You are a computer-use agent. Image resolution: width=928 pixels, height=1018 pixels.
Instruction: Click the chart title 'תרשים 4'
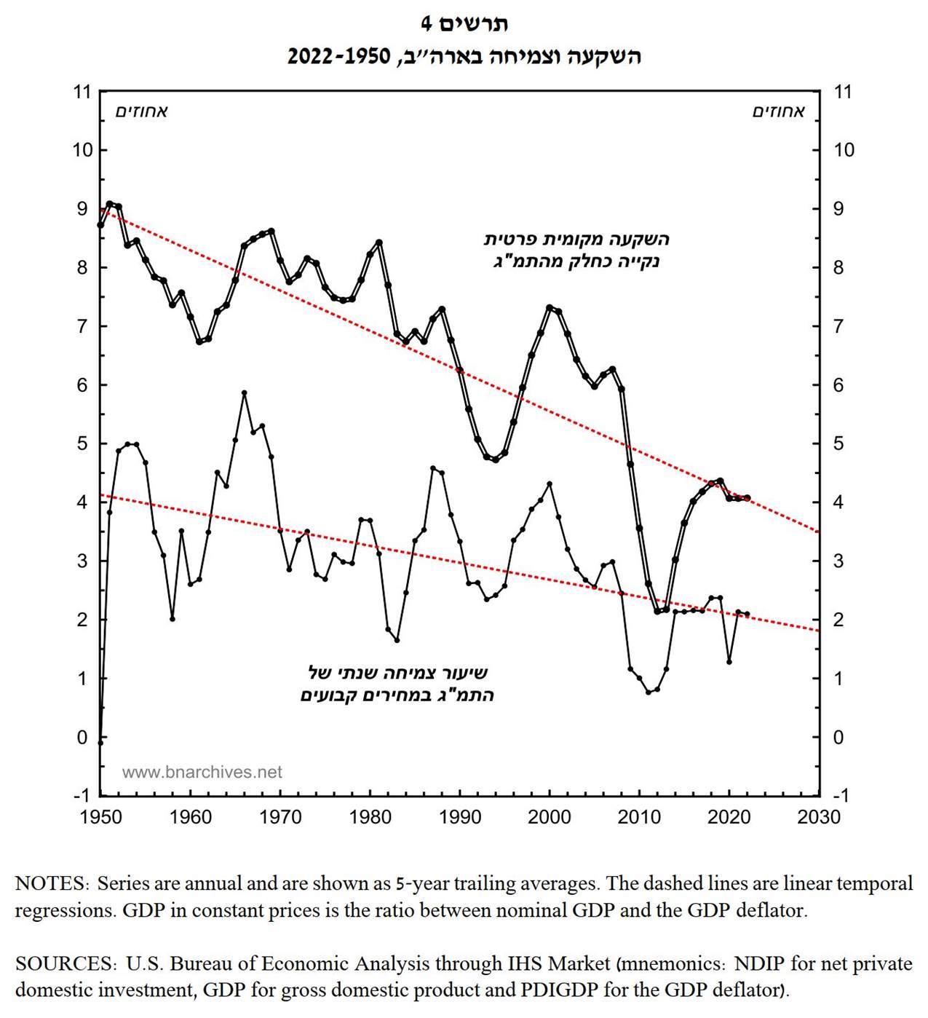[x=464, y=24]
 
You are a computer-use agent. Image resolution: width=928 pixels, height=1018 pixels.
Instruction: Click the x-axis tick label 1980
[x=370, y=817]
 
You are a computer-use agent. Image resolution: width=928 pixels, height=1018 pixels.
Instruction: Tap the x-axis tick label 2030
[x=819, y=817]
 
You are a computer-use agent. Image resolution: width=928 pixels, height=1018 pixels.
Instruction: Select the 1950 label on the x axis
[x=101, y=817]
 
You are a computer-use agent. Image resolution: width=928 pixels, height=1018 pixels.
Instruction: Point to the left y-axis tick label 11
[x=82, y=92]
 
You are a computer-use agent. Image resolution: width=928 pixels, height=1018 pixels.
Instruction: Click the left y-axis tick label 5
[x=82, y=443]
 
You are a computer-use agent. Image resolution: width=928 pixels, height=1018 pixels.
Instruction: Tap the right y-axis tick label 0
[x=838, y=737]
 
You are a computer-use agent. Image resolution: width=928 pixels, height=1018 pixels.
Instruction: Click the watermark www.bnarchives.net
[x=202, y=773]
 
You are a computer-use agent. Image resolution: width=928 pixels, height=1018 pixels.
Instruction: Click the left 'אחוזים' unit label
[x=141, y=111]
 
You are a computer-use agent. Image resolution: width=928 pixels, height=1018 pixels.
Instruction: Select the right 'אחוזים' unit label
[x=779, y=111]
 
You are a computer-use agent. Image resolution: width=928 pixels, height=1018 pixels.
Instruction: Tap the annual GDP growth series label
[x=397, y=684]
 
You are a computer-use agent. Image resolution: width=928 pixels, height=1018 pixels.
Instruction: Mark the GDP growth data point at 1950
[x=100, y=741]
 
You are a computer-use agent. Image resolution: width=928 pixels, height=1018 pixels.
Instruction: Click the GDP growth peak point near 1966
[x=245, y=393]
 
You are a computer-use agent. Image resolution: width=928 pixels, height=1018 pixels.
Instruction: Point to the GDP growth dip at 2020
[x=729, y=662]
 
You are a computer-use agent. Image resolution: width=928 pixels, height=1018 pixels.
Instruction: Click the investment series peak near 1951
[x=110, y=204]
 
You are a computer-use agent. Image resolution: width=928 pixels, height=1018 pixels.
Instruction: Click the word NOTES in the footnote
[x=49, y=884]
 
